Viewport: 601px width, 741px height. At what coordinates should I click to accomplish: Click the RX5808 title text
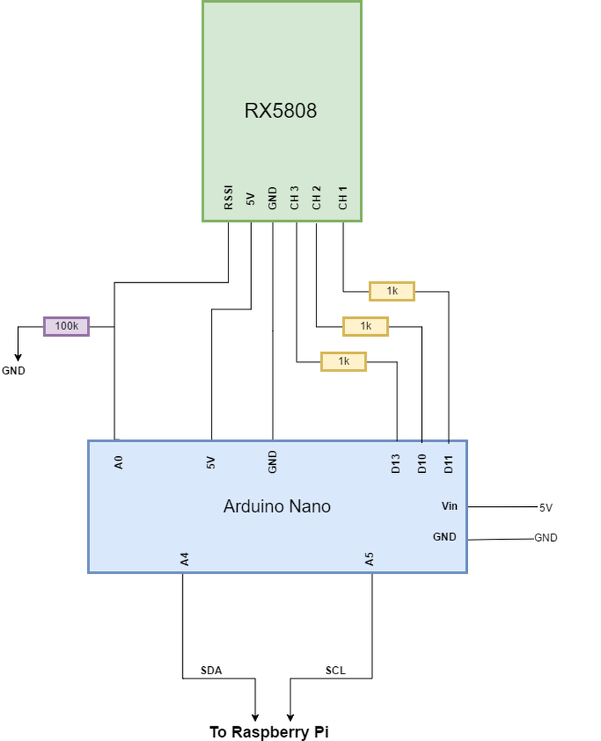(x=280, y=110)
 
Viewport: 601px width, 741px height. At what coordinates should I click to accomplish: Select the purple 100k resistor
(x=66, y=326)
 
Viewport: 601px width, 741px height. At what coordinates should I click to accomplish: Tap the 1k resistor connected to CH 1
(x=392, y=291)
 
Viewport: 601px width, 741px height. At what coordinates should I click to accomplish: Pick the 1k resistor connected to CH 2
(x=365, y=326)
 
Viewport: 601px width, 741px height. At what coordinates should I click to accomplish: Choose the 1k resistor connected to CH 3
(x=343, y=361)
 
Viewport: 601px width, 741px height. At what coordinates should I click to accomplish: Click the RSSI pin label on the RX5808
(x=228, y=198)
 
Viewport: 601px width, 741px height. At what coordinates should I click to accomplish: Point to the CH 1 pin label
(x=343, y=198)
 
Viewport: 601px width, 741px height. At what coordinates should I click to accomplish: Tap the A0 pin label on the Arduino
(x=119, y=462)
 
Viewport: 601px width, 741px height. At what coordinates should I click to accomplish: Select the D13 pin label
(x=396, y=464)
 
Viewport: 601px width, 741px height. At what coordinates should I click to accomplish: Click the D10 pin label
(x=422, y=464)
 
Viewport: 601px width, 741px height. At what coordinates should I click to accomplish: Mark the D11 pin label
(x=449, y=464)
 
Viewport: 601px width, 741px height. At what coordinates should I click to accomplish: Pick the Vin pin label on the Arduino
(x=449, y=506)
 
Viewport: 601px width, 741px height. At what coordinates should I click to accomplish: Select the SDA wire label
(x=211, y=670)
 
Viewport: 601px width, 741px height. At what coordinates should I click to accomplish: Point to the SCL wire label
(x=336, y=670)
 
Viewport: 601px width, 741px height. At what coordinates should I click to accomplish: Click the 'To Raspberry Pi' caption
(x=270, y=732)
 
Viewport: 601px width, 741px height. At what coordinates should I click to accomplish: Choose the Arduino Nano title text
(x=276, y=506)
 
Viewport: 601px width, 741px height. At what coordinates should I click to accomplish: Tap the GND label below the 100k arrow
(x=13, y=371)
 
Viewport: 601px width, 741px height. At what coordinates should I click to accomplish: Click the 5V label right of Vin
(x=546, y=508)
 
